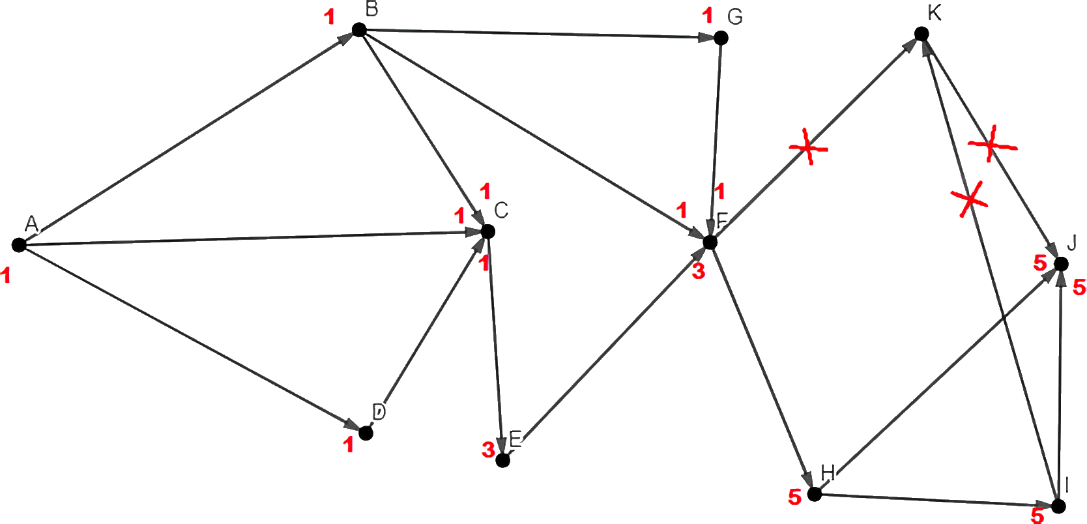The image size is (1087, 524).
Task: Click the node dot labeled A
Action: click(19, 245)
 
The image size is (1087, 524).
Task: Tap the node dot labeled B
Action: click(358, 29)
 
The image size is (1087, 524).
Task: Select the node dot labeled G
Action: click(720, 38)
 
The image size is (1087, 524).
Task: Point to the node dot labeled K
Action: click(921, 34)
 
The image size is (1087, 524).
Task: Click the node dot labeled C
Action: click(488, 231)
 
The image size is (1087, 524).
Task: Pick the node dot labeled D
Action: click(366, 432)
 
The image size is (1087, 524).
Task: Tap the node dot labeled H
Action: click(813, 494)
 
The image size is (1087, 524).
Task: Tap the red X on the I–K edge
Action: click(969, 199)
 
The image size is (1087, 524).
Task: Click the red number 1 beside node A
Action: click(6, 276)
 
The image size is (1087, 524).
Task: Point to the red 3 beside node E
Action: click(487, 449)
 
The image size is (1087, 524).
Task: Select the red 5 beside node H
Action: click(794, 497)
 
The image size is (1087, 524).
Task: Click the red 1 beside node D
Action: click(349, 445)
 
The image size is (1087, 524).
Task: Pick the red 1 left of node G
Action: click(708, 16)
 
